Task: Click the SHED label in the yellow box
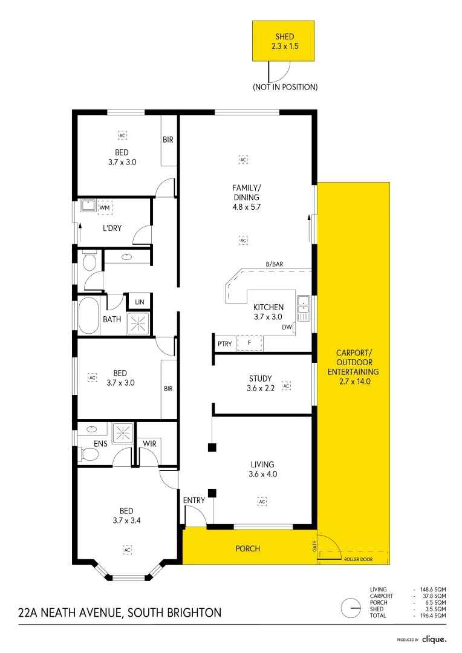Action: [284, 36]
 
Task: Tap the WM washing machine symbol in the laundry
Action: [105, 207]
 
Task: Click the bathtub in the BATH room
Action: [88, 315]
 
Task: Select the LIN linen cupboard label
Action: [140, 302]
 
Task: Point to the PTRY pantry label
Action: [224, 344]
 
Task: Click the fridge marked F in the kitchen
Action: [249, 343]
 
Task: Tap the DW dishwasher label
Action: [287, 328]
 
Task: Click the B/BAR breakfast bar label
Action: [275, 264]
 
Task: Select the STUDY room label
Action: [261, 378]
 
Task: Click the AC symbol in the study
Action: [286, 385]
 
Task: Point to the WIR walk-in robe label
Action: [150, 443]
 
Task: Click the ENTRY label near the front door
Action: [194, 500]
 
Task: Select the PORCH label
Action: [248, 548]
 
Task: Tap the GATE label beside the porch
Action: [314, 546]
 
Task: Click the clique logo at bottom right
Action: [434, 639]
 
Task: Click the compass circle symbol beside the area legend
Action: [350, 606]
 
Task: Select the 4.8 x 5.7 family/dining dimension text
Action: [246, 206]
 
